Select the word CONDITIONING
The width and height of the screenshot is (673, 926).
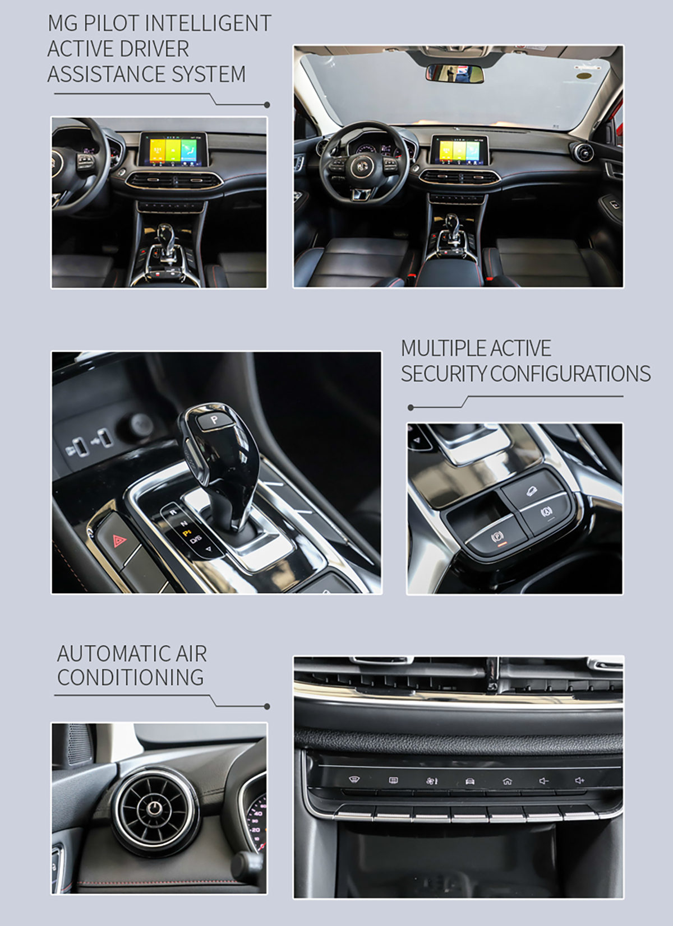(131, 677)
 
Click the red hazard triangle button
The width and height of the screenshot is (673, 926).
(120, 540)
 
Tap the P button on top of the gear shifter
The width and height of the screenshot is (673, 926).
(214, 420)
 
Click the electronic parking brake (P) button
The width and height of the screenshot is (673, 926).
(496, 537)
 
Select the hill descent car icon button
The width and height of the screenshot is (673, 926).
(532, 491)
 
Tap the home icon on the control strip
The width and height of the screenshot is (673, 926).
(507, 781)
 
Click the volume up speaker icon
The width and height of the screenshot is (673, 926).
(579, 780)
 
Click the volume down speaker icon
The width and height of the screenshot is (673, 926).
(543, 780)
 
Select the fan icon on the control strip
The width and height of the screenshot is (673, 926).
(432, 781)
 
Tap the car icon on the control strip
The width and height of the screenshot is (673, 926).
(470, 781)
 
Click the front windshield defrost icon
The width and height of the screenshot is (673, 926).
(354, 780)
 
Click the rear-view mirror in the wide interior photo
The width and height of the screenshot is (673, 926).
(454, 73)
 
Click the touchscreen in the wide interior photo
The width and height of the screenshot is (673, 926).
(459, 150)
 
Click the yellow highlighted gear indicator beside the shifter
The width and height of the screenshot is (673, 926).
(187, 532)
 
